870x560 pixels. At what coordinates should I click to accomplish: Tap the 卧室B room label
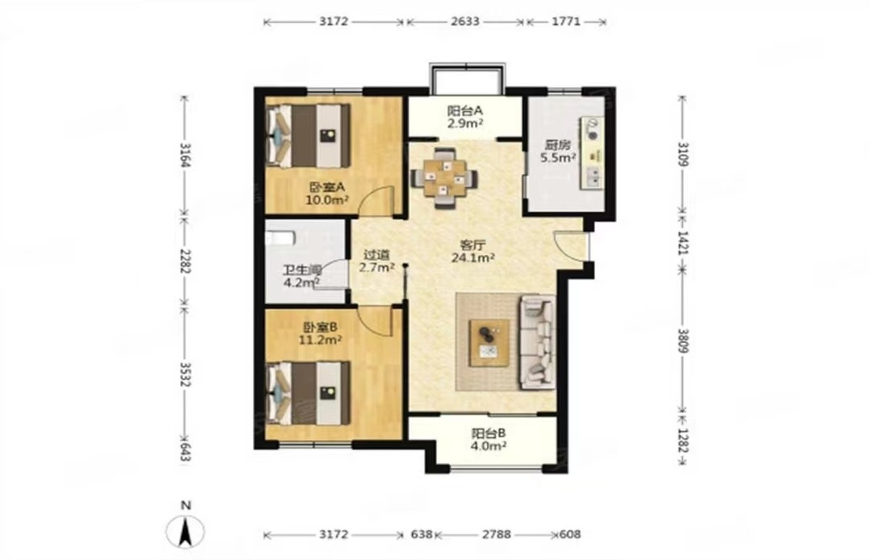320,327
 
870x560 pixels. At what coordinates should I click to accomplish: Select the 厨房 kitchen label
557,145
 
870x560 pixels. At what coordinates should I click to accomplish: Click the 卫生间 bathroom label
302,270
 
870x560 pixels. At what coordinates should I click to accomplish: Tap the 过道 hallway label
377,255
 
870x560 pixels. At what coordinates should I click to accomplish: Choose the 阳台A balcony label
465,111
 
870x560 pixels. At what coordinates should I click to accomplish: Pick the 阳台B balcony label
489,433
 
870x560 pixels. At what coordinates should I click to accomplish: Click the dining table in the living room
444,178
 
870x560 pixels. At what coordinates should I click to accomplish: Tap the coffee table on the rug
489,342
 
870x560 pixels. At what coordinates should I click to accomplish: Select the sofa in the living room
537,341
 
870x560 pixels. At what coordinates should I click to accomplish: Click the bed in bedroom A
309,136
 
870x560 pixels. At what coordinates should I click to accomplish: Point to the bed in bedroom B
309,393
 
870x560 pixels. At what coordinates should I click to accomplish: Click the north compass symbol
186,531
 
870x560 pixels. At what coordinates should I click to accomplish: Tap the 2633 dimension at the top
465,22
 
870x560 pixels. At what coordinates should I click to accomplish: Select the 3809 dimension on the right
683,341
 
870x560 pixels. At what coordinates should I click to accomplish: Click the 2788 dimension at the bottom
496,534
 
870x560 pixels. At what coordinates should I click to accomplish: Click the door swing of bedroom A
377,200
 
